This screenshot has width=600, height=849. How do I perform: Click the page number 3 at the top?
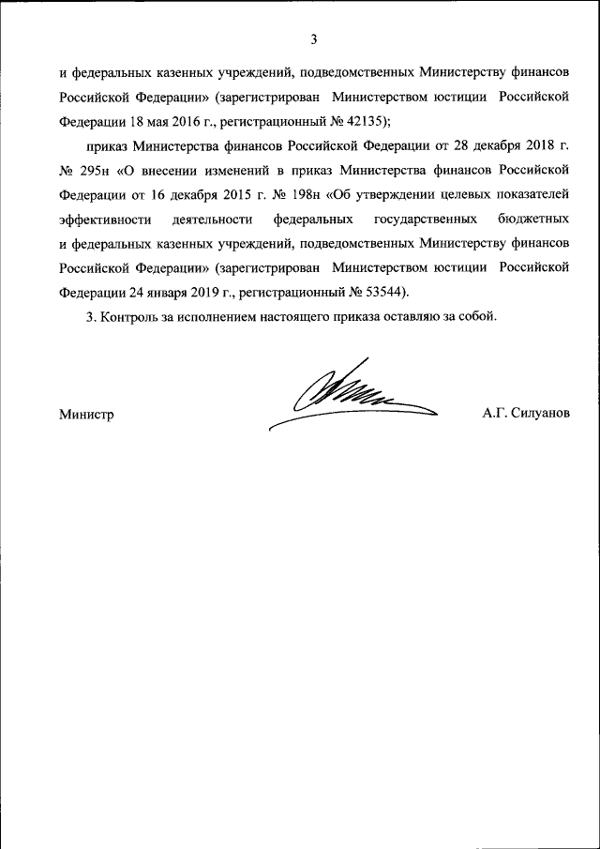[314, 38]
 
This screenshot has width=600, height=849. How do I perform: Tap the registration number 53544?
[386, 291]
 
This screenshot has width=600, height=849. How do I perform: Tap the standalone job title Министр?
[85, 414]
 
